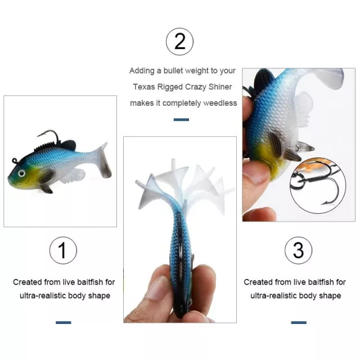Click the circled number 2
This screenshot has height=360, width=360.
pyautogui.click(x=179, y=42)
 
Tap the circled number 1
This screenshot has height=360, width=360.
pyautogui.click(x=63, y=250)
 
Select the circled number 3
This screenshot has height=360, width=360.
pyautogui.click(x=298, y=250)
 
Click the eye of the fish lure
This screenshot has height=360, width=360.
pyautogui.click(x=21, y=173)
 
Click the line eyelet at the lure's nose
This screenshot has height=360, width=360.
pyautogui.click(x=15, y=160)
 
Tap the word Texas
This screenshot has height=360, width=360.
pyautogui.click(x=144, y=87)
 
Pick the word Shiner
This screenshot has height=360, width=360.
pyautogui.click(x=220, y=87)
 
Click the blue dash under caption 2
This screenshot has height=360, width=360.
pyautogui.click(x=181, y=120)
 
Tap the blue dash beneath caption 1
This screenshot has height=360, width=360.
pyautogui.click(x=64, y=322)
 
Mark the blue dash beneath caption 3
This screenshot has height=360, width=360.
pyautogui.click(x=299, y=322)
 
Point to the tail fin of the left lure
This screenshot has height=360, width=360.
pyautogui.click(x=102, y=161)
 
